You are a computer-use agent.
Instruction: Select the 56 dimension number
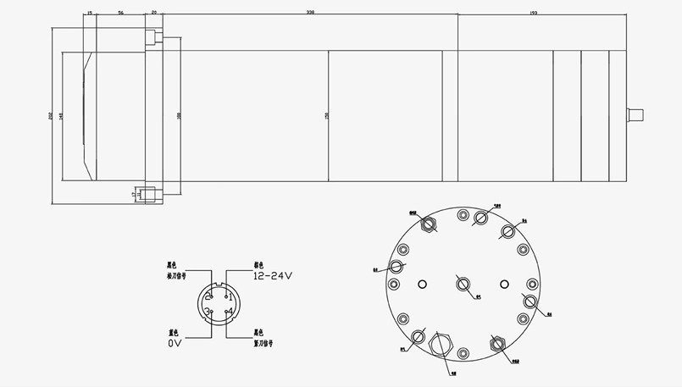pos(121,14)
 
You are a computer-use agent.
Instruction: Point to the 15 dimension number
pos(90,14)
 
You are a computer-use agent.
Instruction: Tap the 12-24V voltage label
pos(272,276)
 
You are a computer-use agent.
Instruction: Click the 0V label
pos(175,343)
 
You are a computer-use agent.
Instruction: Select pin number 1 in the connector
pos(230,296)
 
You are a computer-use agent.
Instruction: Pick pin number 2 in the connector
pos(208,295)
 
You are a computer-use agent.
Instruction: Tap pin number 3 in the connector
pos(208,312)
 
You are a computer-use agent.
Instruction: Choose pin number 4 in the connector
pos(230,312)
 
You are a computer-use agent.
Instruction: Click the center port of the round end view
pos(463,284)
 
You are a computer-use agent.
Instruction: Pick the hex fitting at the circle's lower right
pos(496,345)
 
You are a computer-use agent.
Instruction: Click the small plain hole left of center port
pos(422,284)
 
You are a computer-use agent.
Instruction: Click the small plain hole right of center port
pos(504,284)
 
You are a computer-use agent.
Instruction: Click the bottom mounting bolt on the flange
pos(150,194)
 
